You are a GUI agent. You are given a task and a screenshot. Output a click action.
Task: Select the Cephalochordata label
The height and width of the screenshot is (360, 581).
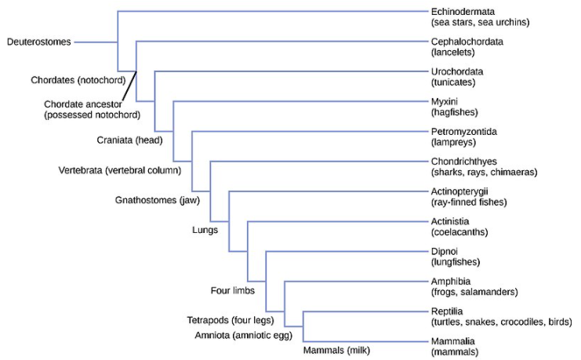(x=467, y=42)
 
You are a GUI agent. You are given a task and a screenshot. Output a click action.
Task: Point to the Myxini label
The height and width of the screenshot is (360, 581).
(x=444, y=102)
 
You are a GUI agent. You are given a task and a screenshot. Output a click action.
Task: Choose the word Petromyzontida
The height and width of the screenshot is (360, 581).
(x=463, y=131)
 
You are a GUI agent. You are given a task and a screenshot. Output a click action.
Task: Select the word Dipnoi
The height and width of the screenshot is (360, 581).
(x=445, y=251)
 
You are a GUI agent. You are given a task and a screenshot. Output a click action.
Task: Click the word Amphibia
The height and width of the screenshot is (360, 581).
(x=451, y=281)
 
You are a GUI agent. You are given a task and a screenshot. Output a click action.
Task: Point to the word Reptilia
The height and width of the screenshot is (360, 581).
(x=448, y=311)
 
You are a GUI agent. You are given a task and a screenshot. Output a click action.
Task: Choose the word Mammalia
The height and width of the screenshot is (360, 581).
(x=452, y=341)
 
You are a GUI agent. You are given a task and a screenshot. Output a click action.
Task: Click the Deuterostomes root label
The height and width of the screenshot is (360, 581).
(x=38, y=42)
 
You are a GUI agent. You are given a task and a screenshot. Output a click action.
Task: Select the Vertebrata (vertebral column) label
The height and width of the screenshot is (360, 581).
(x=120, y=169)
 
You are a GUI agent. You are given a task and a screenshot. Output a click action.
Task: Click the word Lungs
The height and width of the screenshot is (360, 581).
(x=205, y=230)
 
